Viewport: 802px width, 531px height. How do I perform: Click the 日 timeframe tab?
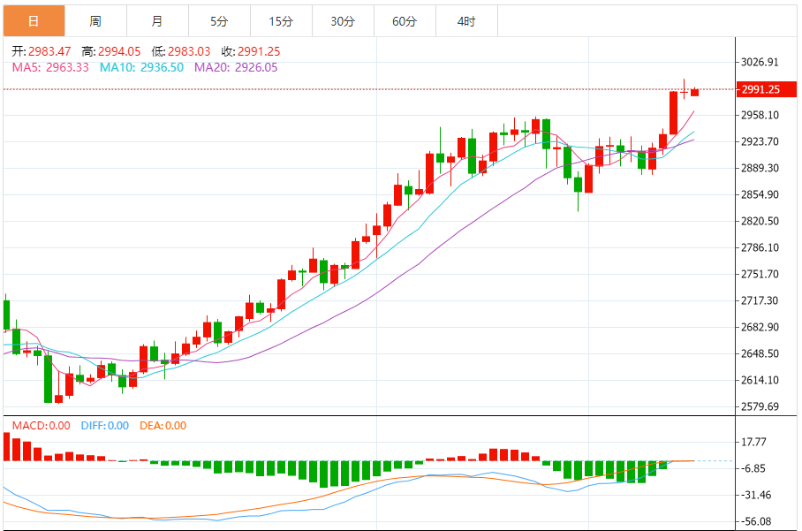click(34, 20)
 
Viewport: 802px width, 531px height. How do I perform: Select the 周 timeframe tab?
click(95, 20)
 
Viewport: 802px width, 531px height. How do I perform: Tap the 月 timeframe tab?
click(157, 20)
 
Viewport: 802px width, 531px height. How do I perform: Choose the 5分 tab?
click(219, 20)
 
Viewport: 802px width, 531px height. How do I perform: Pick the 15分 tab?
click(281, 20)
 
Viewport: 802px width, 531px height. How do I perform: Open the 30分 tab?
click(343, 20)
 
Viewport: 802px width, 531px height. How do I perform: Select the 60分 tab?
click(405, 20)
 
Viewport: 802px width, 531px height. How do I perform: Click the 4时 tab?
click(466, 20)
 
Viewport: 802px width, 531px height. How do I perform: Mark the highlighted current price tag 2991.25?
click(760, 89)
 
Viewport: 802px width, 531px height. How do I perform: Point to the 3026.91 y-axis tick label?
click(760, 62)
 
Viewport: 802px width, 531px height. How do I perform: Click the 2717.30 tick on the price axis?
click(760, 300)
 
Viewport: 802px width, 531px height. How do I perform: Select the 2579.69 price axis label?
click(760, 406)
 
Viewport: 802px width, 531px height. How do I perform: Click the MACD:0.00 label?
click(41, 426)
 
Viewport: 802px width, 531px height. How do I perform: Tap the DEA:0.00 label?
click(163, 426)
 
